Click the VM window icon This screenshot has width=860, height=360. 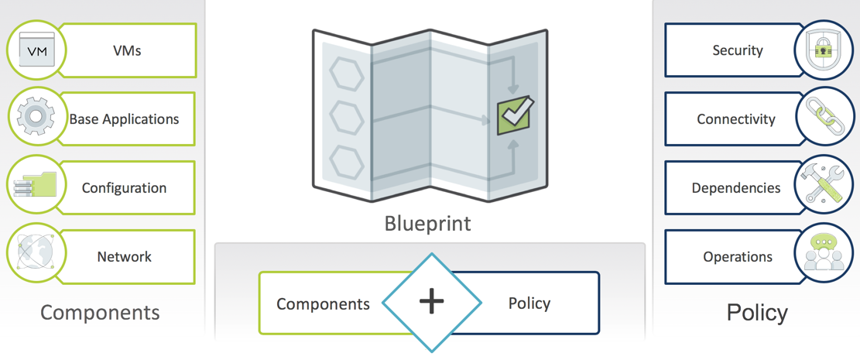click(36, 50)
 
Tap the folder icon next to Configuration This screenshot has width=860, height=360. click(36, 186)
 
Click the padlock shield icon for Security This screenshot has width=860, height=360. click(824, 50)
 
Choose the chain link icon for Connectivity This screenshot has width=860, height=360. click(824, 117)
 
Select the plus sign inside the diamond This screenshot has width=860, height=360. click(432, 303)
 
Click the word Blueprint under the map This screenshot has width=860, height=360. click(427, 223)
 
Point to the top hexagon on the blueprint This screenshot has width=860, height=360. click(347, 74)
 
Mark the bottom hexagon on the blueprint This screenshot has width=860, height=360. click(347, 160)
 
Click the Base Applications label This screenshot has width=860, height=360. click(124, 119)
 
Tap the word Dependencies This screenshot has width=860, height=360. click(736, 187)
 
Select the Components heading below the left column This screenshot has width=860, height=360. click(100, 312)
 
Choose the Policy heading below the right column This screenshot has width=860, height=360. click(757, 313)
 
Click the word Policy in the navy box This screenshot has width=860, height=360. click(529, 303)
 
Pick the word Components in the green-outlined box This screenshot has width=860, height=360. click(323, 304)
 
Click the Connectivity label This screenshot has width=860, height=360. click(736, 119)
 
